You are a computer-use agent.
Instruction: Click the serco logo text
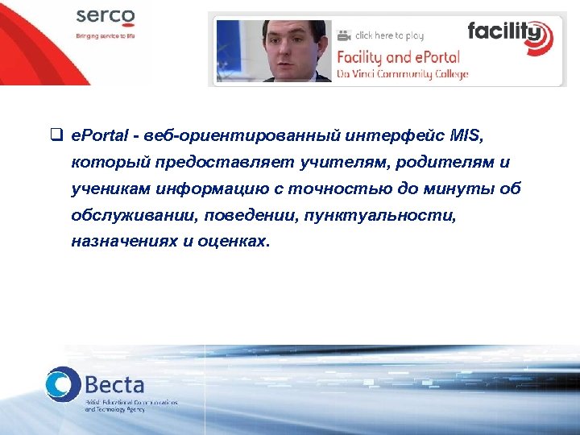pyautogui.click(x=106, y=19)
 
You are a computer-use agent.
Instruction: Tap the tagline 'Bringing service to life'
pyautogui.click(x=105, y=36)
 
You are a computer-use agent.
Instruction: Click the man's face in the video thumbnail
pyautogui.click(x=287, y=48)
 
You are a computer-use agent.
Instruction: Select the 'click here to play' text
pyautogui.click(x=389, y=35)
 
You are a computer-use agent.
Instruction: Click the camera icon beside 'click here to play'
pyautogui.click(x=344, y=35)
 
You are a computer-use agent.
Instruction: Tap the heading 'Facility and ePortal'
pyautogui.click(x=397, y=57)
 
